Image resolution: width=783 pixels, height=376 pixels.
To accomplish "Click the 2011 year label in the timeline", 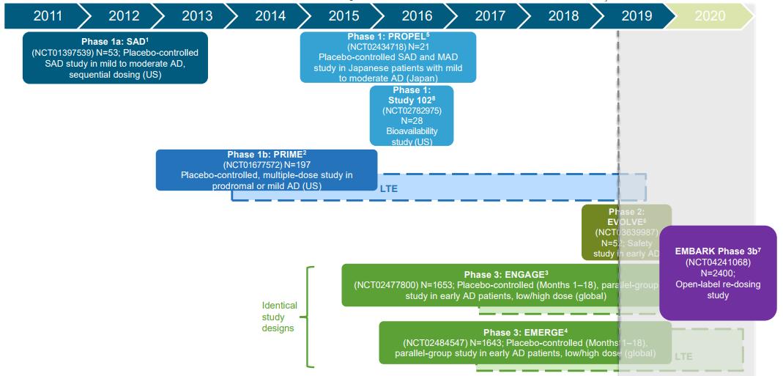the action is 47,15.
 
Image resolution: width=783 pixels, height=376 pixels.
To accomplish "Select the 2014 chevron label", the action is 270,15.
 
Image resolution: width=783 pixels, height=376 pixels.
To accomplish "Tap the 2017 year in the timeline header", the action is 490,15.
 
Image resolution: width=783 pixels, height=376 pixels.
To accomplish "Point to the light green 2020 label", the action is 710,15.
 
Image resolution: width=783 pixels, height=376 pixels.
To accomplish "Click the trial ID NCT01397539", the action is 62,54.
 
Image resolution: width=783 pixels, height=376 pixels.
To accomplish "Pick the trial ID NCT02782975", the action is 412,111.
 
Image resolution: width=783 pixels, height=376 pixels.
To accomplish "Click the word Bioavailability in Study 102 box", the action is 412,131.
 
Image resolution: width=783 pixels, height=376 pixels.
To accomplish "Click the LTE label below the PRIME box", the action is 390,188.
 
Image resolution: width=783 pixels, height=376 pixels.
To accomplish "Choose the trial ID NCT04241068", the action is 718,262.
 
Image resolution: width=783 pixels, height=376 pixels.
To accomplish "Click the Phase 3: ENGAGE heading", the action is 503,275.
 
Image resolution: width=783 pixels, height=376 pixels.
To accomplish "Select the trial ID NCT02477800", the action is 385,286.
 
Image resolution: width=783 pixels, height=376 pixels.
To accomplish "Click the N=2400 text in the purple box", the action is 718,273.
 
